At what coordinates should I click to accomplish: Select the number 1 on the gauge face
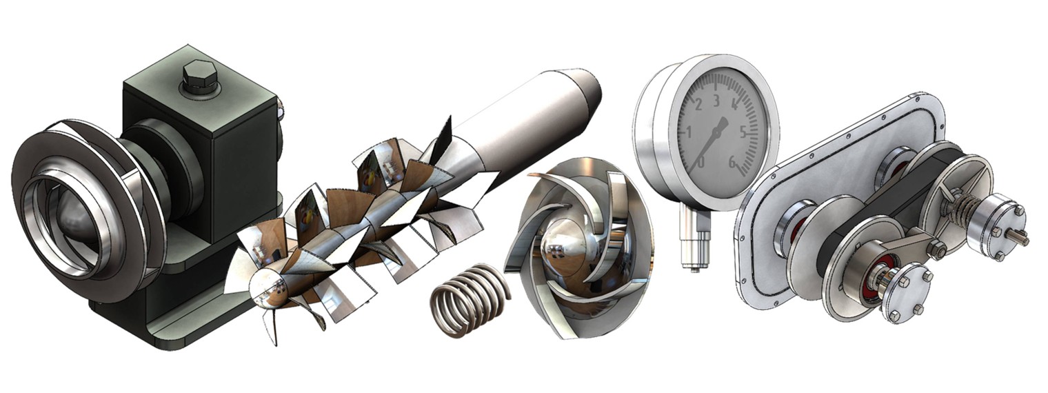point(688,134)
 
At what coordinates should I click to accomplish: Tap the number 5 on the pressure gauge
point(744,132)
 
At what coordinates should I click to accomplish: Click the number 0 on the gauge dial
point(701,162)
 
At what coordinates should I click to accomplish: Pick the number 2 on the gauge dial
point(698,105)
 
